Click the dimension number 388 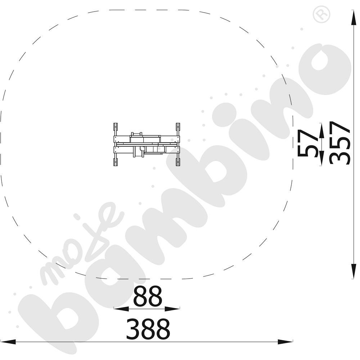(x=148, y=329)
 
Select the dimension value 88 (x=148, y=296)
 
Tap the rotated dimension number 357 (x=340, y=143)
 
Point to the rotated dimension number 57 (x=308, y=143)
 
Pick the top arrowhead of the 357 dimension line (x=354, y=17)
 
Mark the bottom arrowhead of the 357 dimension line (x=354, y=271)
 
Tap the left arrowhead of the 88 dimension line (x=121, y=309)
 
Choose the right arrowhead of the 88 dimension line (x=172, y=309)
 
